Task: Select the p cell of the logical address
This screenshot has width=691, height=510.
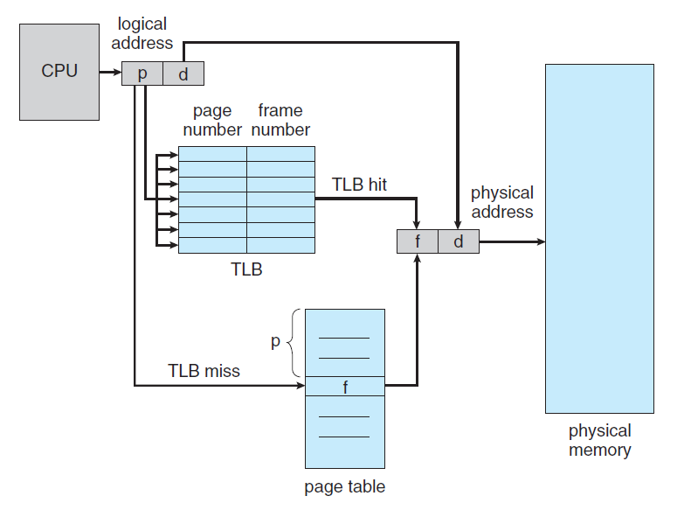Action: tap(142, 74)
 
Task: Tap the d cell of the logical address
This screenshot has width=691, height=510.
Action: tap(183, 74)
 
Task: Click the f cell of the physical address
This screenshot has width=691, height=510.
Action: tap(418, 241)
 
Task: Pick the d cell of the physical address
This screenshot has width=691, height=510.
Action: tap(459, 241)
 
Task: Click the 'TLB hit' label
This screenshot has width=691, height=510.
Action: tap(359, 185)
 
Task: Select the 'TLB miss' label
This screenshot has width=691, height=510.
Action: tap(204, 371)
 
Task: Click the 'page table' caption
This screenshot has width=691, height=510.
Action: tap(344, 486)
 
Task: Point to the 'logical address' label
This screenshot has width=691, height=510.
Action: tap(145, 33)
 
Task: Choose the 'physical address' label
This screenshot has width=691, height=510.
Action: tap(501, 202)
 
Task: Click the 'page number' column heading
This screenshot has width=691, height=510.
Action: tap(212, 120)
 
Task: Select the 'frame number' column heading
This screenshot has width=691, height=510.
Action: tap(280, 120)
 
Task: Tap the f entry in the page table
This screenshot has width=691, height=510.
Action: tap(345, 386)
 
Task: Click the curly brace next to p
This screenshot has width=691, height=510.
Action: tap(294, 342)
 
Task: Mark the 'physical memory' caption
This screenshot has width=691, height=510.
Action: tap(599, 440)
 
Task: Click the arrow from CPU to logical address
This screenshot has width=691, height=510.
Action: tap(110, 73)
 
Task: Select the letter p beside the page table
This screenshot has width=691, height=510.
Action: tap(275, 342)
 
